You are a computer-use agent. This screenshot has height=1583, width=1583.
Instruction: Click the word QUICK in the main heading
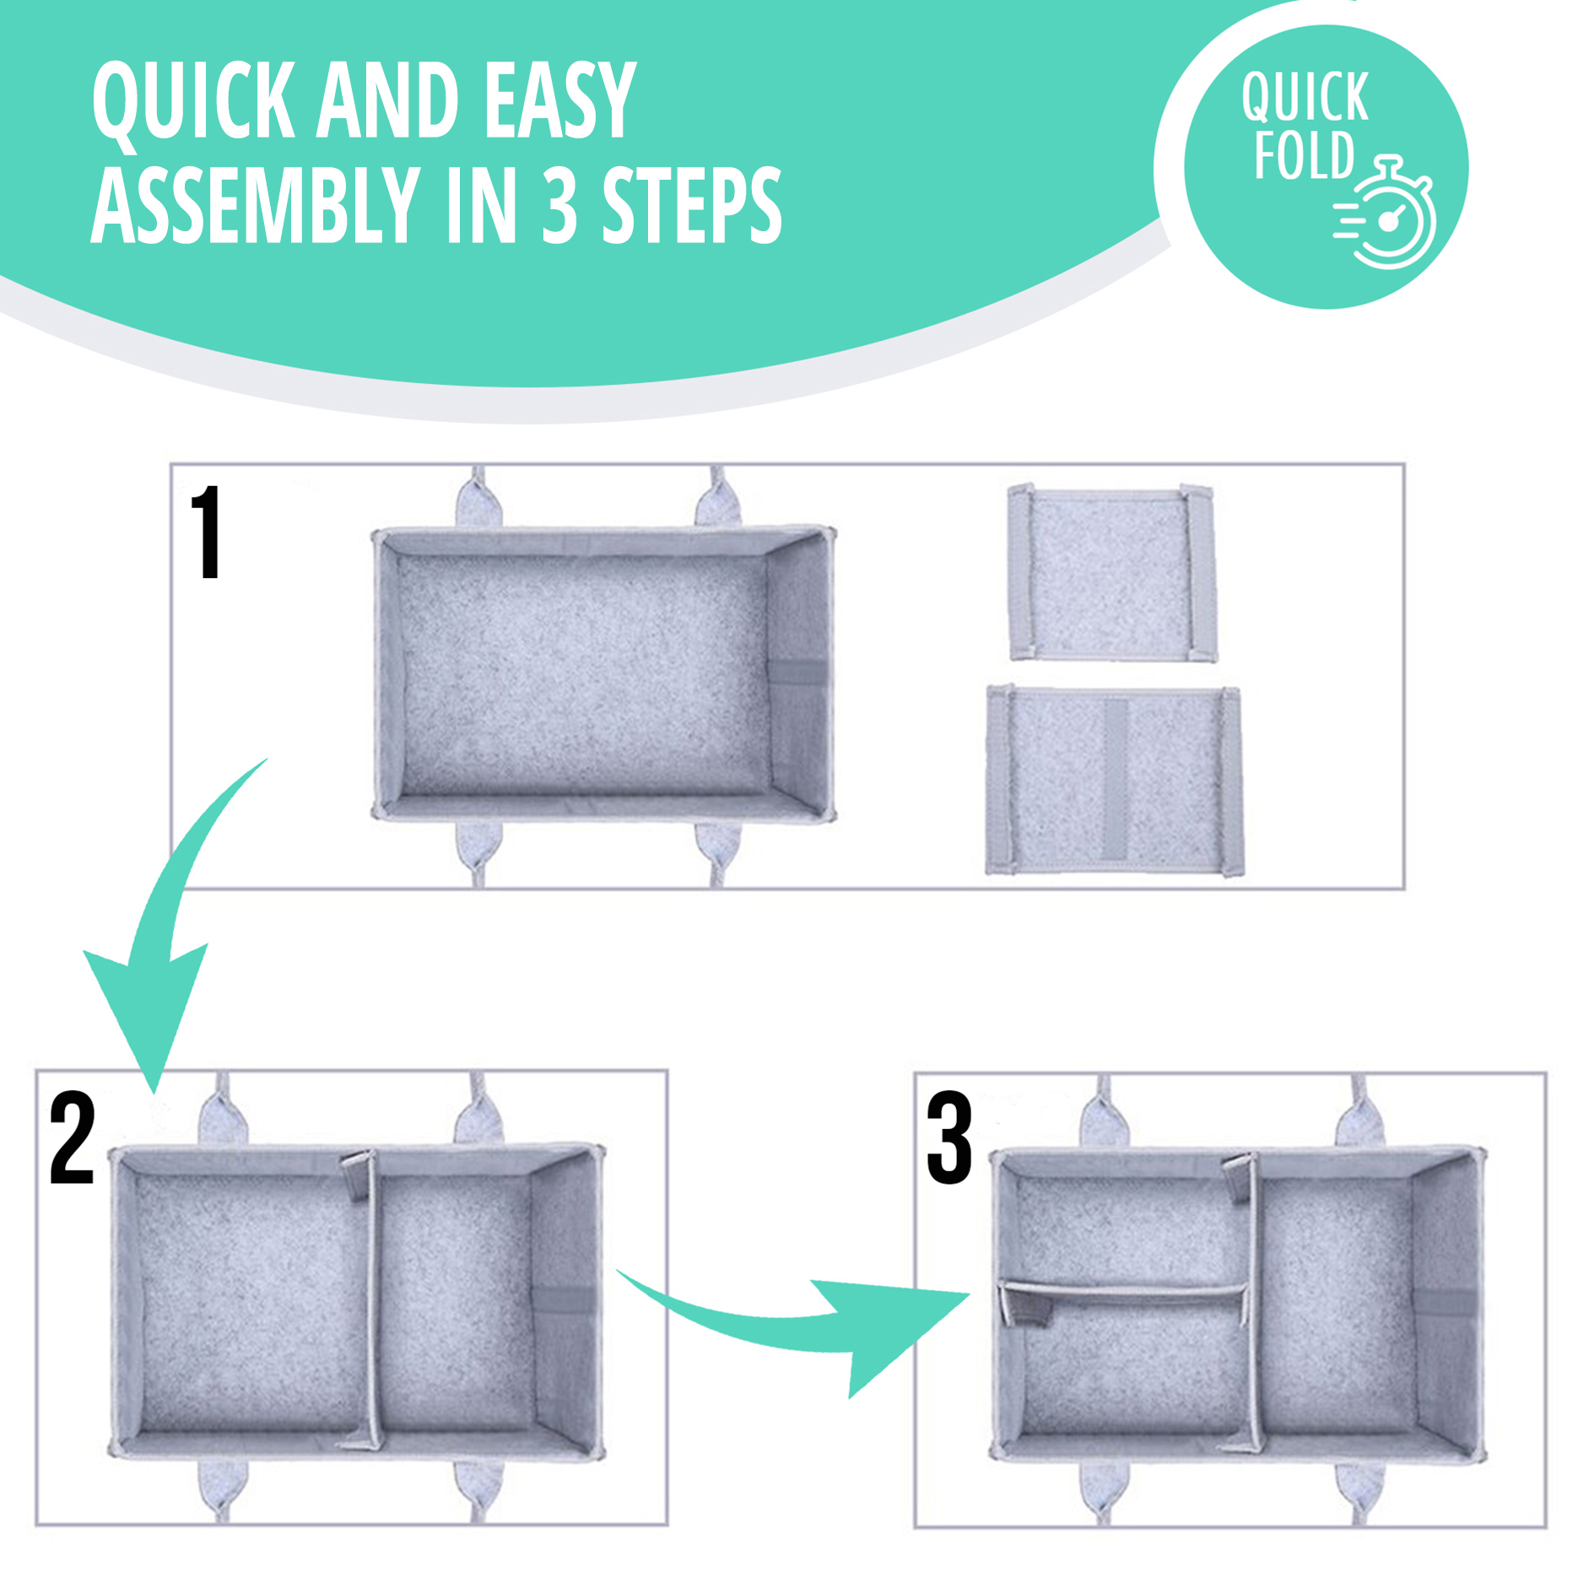pyautogui.click(x=193, y=102)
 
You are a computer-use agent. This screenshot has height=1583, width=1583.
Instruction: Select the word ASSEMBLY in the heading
pyautogui.click(x=256, y=205)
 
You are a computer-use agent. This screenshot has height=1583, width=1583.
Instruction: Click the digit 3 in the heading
pyautogui.click(x=559, y=205)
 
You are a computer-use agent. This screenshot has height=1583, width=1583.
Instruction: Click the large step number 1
pyautogui.click(x=207, y=532)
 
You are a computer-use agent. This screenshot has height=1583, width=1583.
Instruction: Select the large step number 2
pyautogui.click(x=72, y=1137)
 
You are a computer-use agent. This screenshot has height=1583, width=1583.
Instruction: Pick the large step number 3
pyautogui.click(x=949, y=1137)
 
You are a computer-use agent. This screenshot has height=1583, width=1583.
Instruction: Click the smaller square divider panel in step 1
pyautogui.click(x=1112, y=573)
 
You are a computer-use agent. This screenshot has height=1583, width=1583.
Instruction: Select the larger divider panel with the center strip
pyautogui.click(x=1114, y=781)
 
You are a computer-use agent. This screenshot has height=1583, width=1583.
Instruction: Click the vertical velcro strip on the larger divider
pyautogui.click(x=1115, y=780)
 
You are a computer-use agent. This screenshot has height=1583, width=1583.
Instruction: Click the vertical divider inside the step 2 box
pyautogui.click(x=369, y=1300)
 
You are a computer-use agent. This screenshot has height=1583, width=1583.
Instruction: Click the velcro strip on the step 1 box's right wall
pyautogui.click(x=797, y=673)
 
